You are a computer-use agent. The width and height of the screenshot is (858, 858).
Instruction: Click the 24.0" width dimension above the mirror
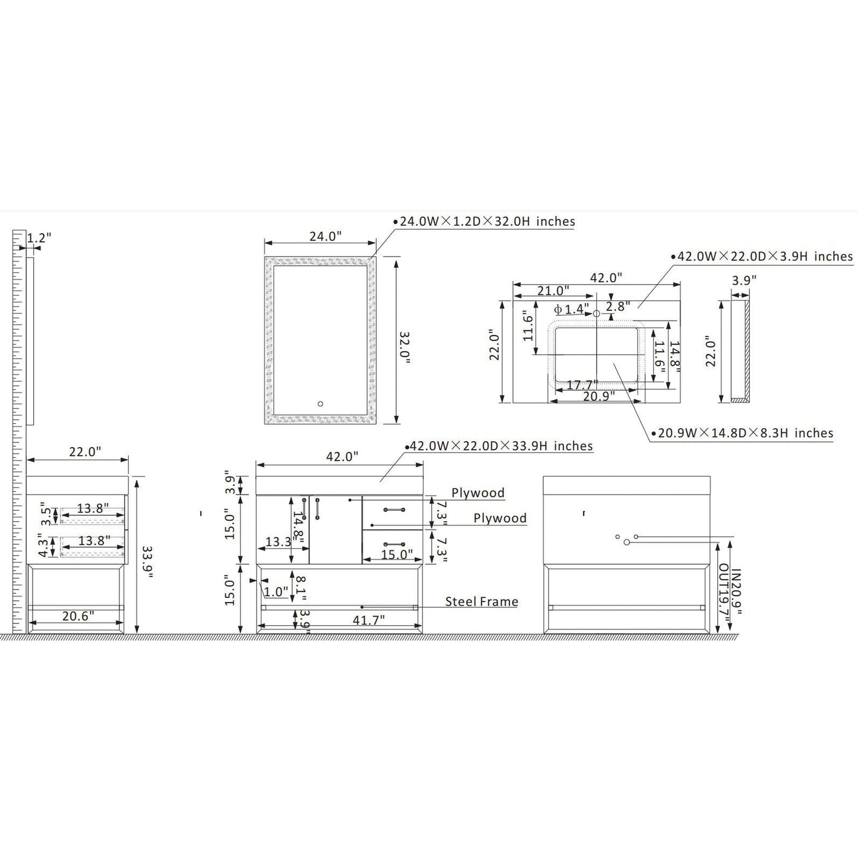pyautogui.click(x=325, y=236)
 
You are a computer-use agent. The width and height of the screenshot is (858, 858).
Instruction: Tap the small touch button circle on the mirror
pyautogui.click(x=320, y=404)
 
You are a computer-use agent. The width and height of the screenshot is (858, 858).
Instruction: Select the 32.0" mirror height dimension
pyautogui.click(x=404, y=347)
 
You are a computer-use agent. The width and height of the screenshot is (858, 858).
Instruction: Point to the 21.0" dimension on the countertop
pyautogui.click(x=553, y=291)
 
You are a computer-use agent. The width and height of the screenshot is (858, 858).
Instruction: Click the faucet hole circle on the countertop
pyautogui.click(x=597, y=314)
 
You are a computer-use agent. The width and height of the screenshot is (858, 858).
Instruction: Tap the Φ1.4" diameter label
pyautogui.click(x=572, y=309)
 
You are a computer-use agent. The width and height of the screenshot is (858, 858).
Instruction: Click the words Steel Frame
pyautogui.click(x=482, y=601)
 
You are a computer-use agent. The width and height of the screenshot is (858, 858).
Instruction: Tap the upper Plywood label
pyautogui.click(x=478, y=493)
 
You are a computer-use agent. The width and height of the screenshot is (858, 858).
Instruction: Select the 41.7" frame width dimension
pyautogui.click(x=368, y=619)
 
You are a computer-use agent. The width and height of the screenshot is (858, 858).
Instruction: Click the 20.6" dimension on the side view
pyautogui.click(x=78, y=616)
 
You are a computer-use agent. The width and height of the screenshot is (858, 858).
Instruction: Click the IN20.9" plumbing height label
pyautogui.click(x=736, y=592)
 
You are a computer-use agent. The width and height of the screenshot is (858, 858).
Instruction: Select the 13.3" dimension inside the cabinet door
pyautogui.click(x=278, y=542)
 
